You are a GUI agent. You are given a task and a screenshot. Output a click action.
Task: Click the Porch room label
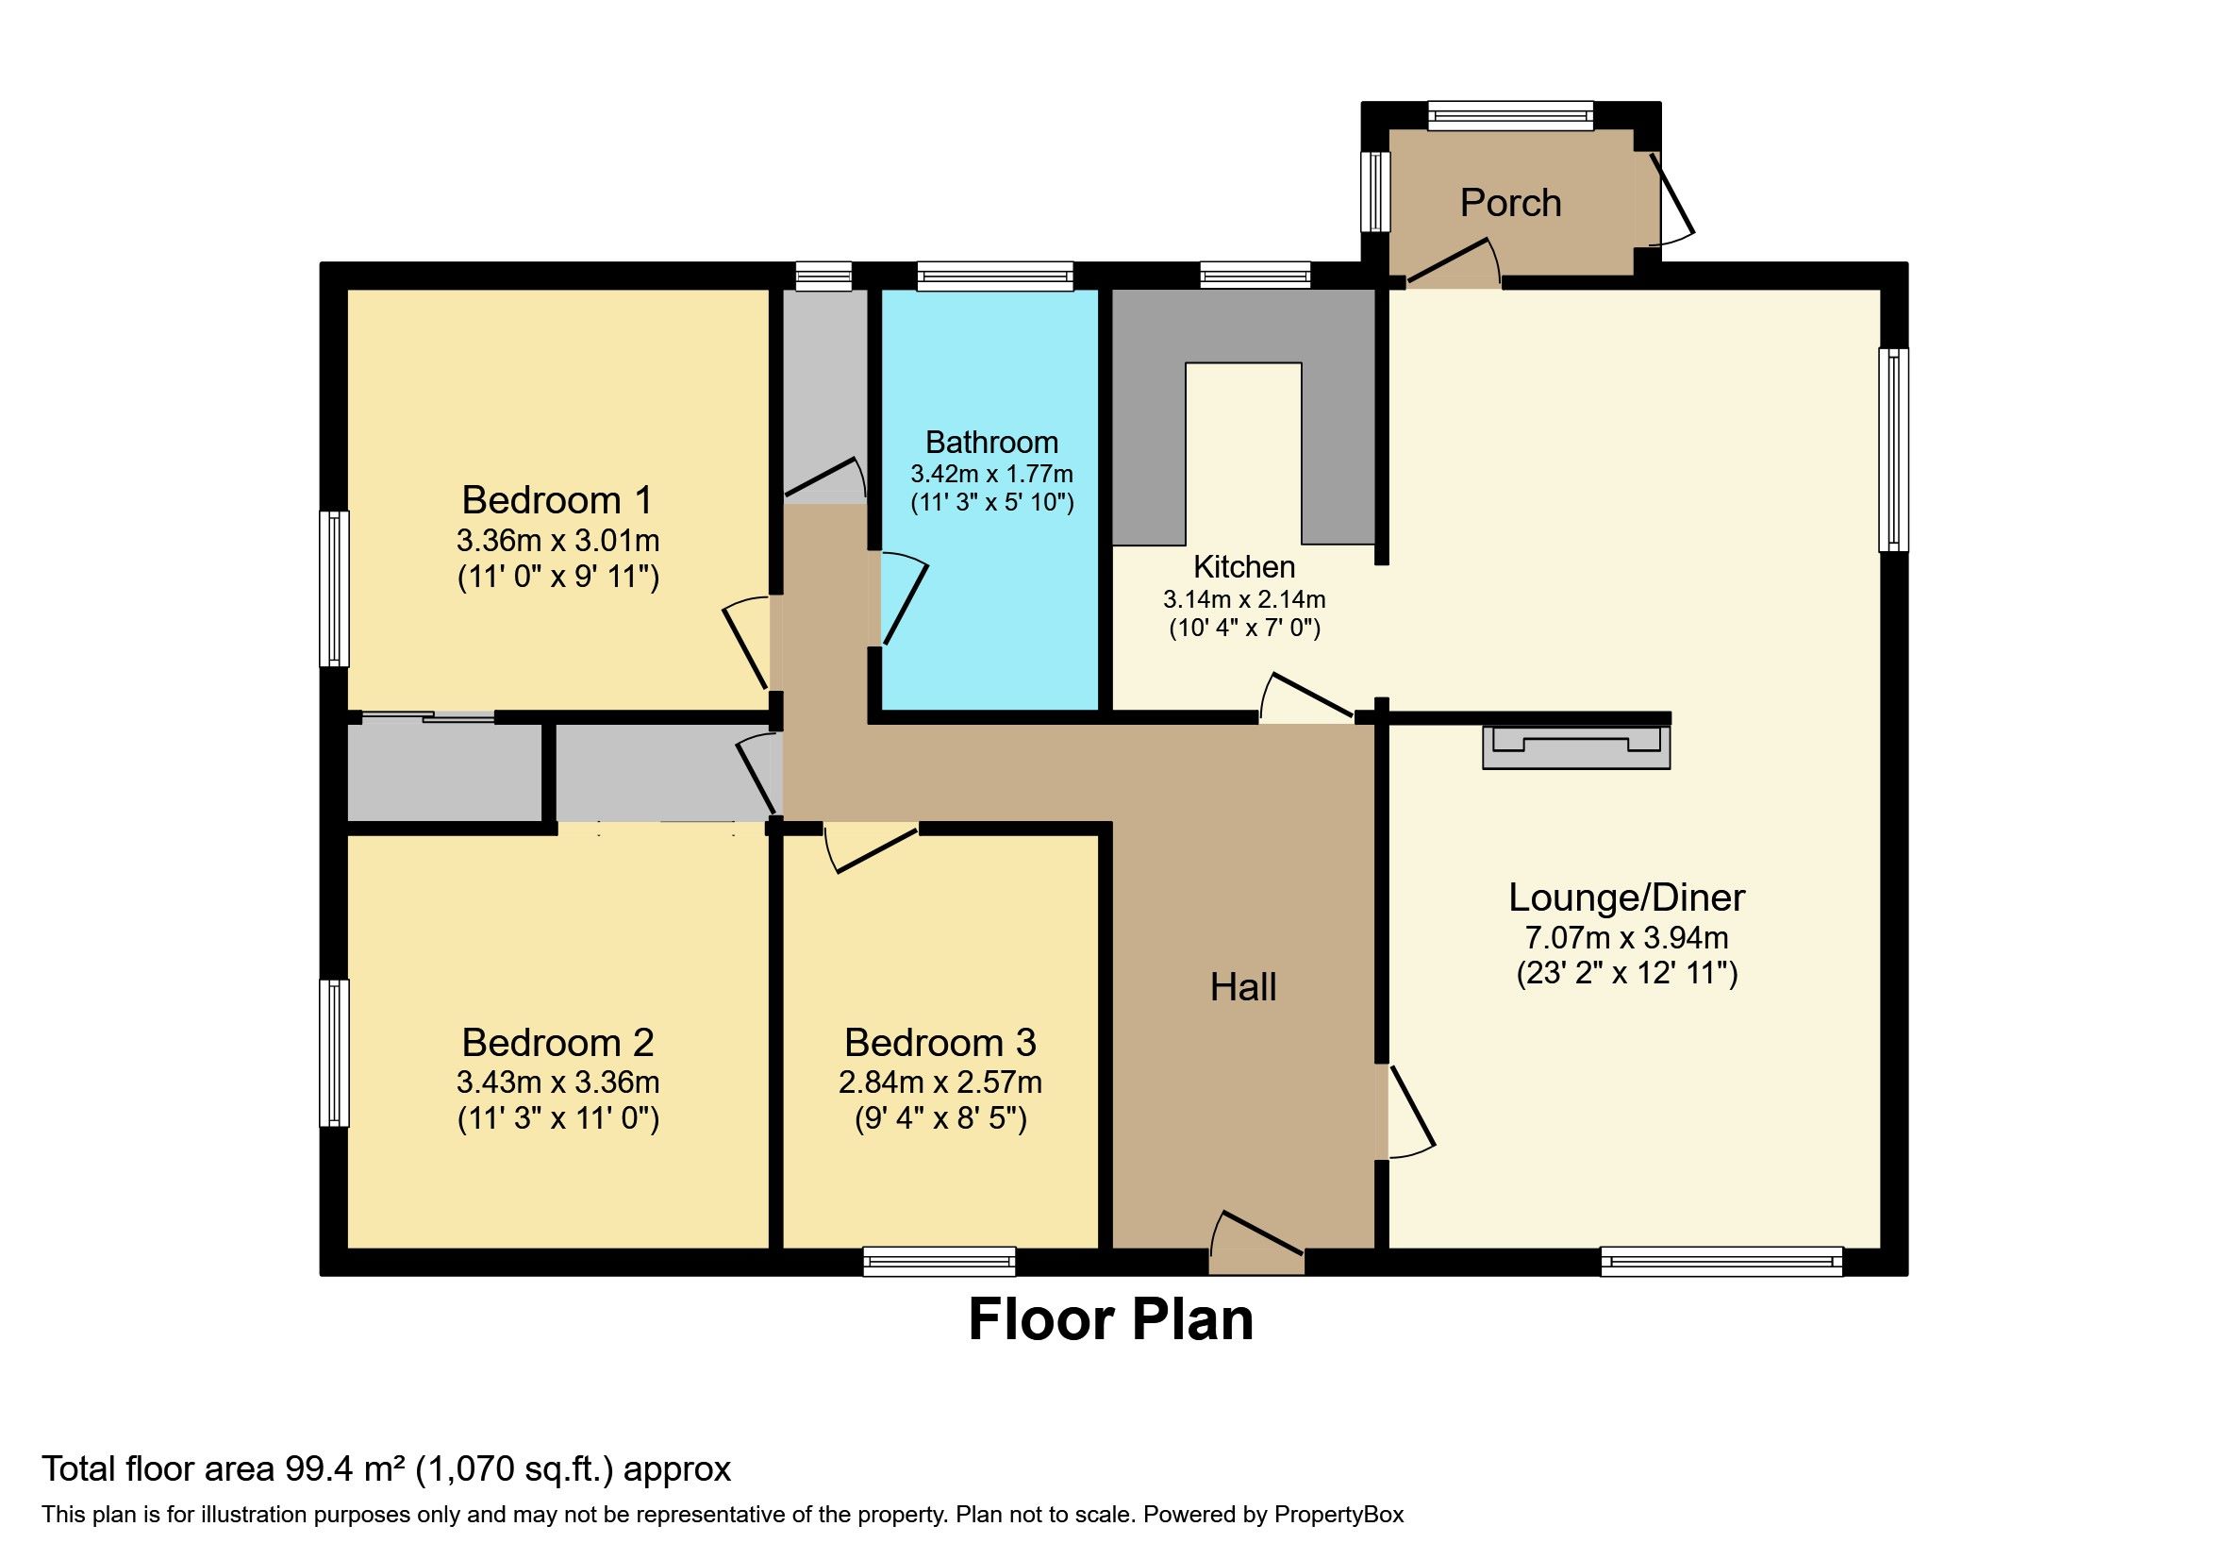[1510, 203]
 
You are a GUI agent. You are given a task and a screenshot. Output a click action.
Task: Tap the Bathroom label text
[990, 443]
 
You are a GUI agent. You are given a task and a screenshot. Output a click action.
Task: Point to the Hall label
[1242, 987]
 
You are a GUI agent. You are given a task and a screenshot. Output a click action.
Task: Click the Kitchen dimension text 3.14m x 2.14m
[1244, 599]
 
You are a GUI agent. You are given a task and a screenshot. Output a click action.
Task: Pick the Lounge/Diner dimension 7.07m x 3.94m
[1626, 938]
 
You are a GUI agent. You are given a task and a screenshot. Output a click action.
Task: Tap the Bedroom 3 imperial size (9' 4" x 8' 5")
[940, 1119]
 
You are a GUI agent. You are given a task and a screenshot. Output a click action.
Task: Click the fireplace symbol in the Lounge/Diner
[1576, 747]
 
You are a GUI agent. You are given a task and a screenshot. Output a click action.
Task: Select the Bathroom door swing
[904, 599]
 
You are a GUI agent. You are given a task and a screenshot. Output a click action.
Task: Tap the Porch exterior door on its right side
[1671, 200]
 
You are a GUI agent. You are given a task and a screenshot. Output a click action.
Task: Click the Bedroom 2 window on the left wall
[335, 1052]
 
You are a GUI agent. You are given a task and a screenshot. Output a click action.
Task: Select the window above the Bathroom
[994, 277]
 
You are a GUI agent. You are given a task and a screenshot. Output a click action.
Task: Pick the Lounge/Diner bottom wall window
[1721, 1261]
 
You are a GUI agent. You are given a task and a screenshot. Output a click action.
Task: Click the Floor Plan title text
[1111, 1320]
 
